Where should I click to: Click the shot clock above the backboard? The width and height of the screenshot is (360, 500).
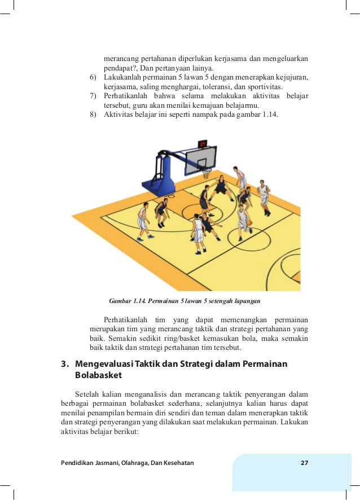[x=203, y=143]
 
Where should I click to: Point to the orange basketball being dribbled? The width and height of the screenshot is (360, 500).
[x=249, y=223]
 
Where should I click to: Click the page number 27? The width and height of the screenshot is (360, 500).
[x=304, y=463]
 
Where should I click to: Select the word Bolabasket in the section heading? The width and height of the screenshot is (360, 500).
[x=99, y=375]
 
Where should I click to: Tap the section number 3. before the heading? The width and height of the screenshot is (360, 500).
[x=64, y=364]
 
